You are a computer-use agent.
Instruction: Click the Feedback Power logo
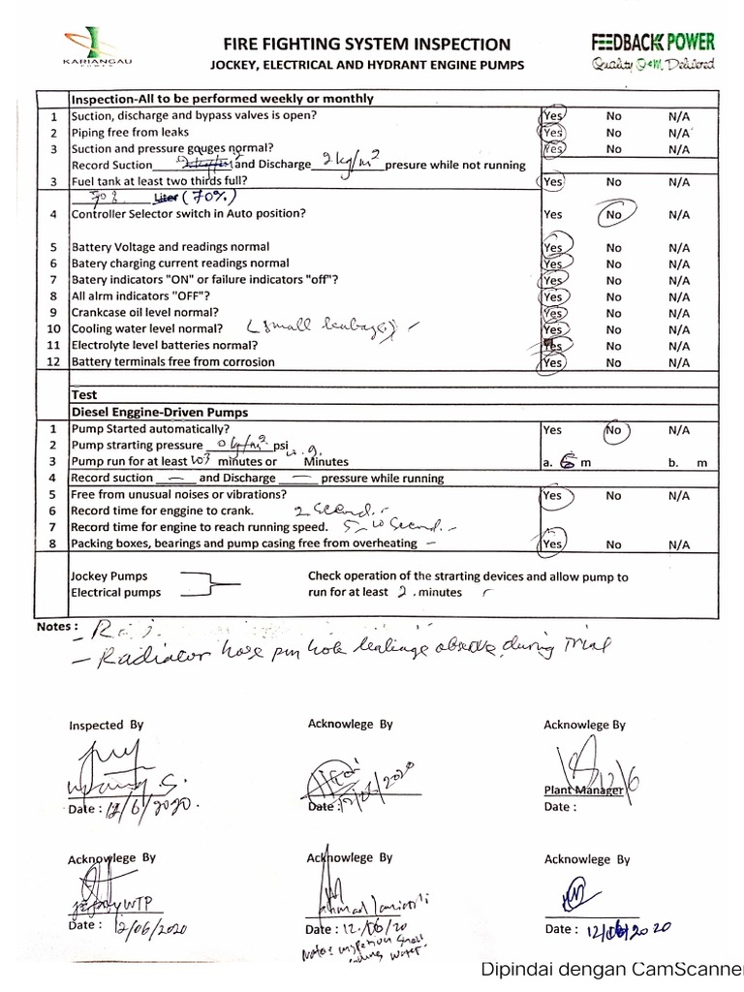click(x=654, y=51)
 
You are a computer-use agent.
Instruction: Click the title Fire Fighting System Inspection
click(x=366, y=44)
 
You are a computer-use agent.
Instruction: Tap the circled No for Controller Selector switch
click(x=614, y=214)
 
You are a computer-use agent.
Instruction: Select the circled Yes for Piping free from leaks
click(x=553, y=133)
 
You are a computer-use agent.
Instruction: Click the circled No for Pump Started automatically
click(x=614, y=429)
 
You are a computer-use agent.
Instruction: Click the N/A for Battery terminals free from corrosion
click(x=678, y=362)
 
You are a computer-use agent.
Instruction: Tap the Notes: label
click(x=55, y=626)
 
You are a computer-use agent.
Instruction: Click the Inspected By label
click(x=106, y=724)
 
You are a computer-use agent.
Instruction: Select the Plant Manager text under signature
click(x=581, y=790)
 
